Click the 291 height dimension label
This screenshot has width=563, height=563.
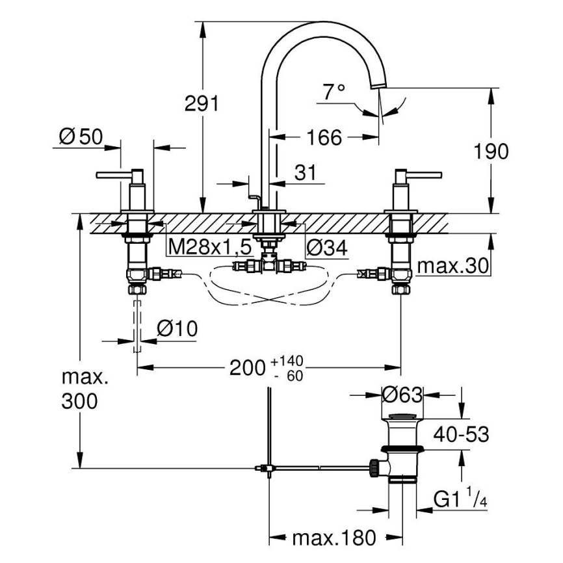point(201,104)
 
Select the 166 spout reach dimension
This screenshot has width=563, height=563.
point(324,137)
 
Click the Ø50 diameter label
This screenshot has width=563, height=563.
point(81,137)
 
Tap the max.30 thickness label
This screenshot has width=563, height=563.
point(452,267)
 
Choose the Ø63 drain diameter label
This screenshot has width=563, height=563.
point(402,395)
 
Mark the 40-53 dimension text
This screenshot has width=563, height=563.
point(462,434)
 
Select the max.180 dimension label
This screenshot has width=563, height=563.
point(334,538)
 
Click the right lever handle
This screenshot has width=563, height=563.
point(421,174)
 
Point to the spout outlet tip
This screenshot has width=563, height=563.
point(377,87)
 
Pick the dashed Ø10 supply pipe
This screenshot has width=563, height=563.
point(137,326)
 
